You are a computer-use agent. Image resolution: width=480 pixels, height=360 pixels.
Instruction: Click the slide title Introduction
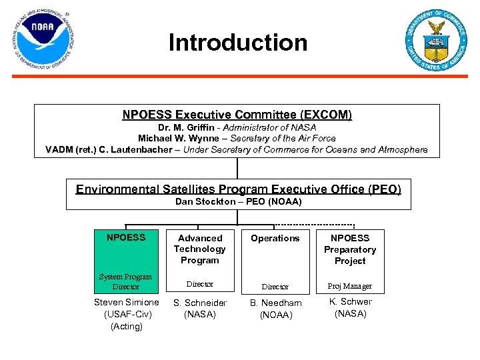pyautogui.click(x=238, y=43)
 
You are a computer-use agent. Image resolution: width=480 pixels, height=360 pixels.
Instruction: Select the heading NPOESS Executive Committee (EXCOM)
pyautogui.click(x=237, y=115)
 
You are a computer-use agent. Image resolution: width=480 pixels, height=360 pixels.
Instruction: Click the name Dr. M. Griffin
pyautogui.click(x=186, y=127)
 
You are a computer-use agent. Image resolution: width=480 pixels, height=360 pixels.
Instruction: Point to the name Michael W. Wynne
pyautogui.click(x=178, y=138)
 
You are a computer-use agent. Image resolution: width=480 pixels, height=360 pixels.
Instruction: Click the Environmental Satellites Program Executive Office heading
pyautogui.click(x=238, y=189)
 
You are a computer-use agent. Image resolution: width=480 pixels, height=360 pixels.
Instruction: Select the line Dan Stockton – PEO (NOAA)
pyautogui.click(x=238, y=201)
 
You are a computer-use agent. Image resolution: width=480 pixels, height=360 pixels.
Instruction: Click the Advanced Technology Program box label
pyautogui.click(x=200, y=249)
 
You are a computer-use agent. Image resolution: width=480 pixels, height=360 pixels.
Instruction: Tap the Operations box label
pyautogui.click(x=275, y=238)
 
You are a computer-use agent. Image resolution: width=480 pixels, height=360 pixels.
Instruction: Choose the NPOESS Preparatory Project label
pyautogui.click(x=350, y=249)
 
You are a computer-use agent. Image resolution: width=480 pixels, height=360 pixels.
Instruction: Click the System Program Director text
pyautogui.click(x=125, y=281)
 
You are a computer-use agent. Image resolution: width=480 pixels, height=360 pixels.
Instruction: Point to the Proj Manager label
pyautogui.click(x=350, y=286)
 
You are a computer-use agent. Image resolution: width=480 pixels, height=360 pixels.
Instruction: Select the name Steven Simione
pyautogui.click(x=126, y=303)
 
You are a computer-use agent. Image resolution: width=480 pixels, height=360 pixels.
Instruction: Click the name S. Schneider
pyautogui.click(x=200, y=303)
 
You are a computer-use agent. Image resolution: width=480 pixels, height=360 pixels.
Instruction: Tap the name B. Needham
pyautogui.click(x=275, y=303)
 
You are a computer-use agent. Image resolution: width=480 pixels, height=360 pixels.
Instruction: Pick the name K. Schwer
pyautogui.click(x=351, y=301)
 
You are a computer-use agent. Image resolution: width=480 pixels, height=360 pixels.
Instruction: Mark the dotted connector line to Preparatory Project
pyautogui.click(x=313, y=224)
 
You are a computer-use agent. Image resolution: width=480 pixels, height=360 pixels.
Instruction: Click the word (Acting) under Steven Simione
pyautogui.click(x=125, y=326)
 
